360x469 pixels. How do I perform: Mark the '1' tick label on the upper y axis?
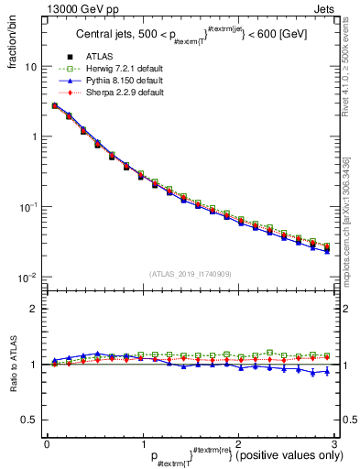point(34,136)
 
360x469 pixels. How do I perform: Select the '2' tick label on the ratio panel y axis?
point(34,310)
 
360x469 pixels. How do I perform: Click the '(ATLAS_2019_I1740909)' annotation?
point(190,274)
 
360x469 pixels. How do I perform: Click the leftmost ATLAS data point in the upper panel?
point(55,105)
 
